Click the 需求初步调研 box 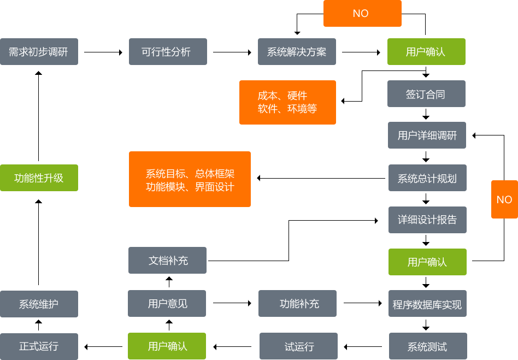coord(39,52)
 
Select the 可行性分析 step coord(166,52)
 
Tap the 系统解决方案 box coord(296,52)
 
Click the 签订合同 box coord(426,95)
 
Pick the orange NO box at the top coord(361,14)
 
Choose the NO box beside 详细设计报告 coord(504,199)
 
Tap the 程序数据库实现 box coord(427,304)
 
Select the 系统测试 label coord(427,346)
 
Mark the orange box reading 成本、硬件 coord(287,102)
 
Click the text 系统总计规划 coord(427,179)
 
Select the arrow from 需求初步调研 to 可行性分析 coord(104,52)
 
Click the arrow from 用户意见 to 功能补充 coord(232,303)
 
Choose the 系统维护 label coord(39,304)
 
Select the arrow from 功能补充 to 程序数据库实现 coord(363,303)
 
